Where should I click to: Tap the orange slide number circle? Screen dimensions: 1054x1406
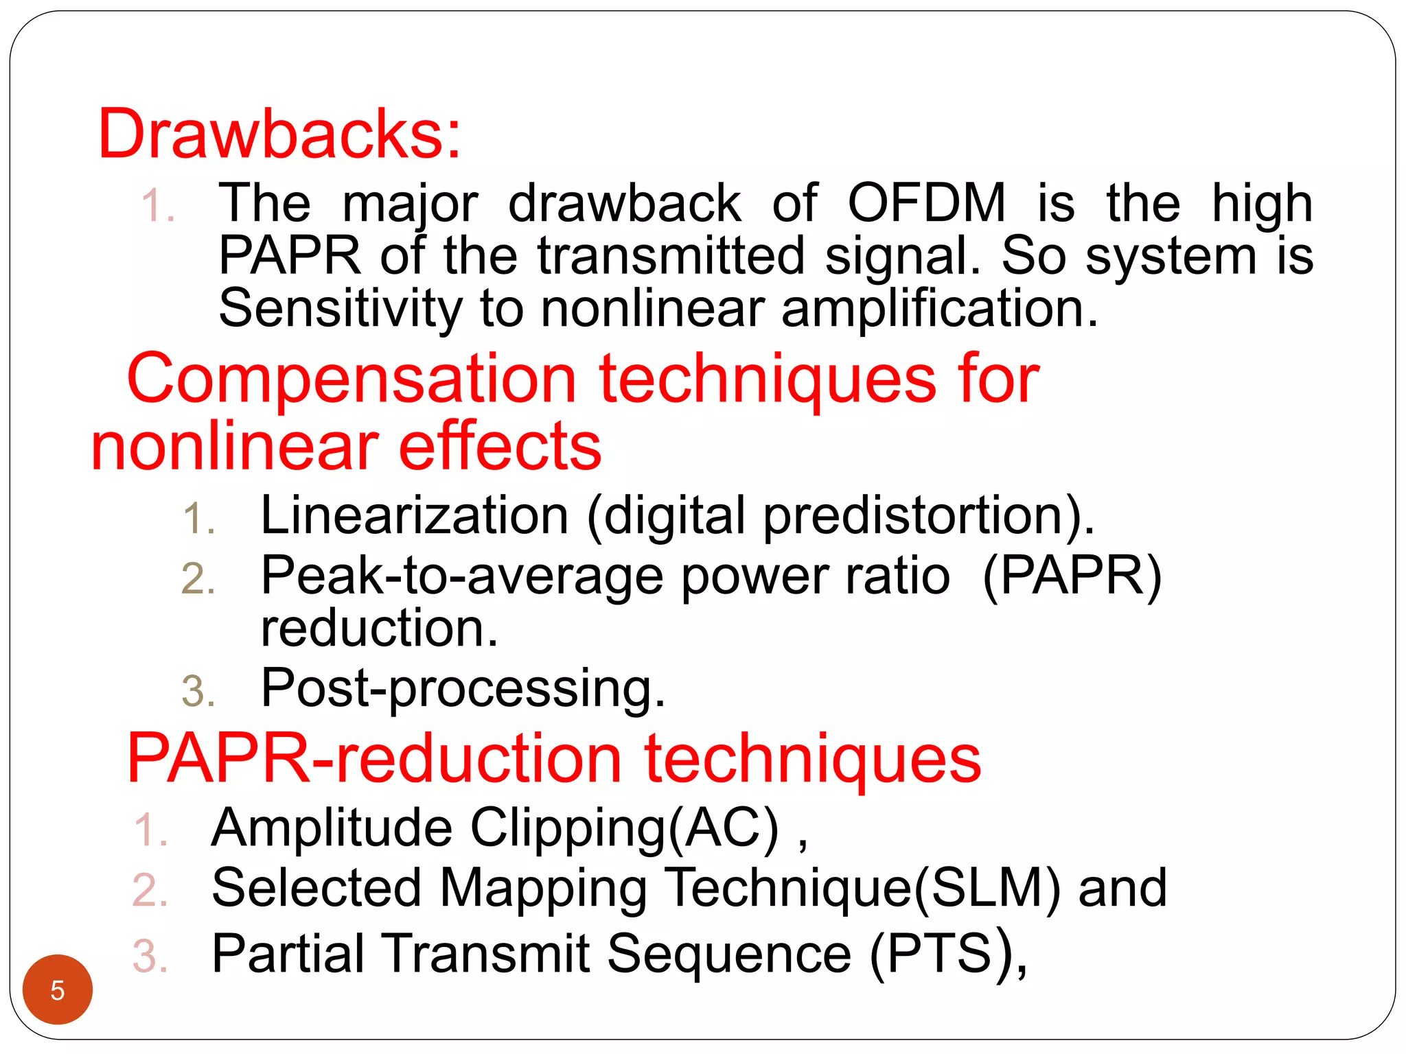(58, 989)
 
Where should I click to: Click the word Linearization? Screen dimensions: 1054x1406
(415, 515)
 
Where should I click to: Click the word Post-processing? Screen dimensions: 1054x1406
(463, 688)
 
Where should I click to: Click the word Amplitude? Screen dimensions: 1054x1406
(332, 828)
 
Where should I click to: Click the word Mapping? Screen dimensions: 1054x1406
(543, 888)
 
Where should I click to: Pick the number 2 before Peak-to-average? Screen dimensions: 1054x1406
(198, 578)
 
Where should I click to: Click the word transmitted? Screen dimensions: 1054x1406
(671, 255)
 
